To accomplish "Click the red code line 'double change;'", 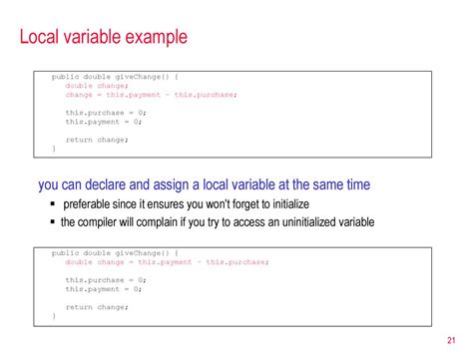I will [x=97, y=85].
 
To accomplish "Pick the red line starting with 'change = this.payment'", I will [x=151, y=95].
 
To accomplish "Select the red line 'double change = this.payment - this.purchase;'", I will [x=167, y=261].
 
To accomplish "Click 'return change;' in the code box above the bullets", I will [x=97, y=140].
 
